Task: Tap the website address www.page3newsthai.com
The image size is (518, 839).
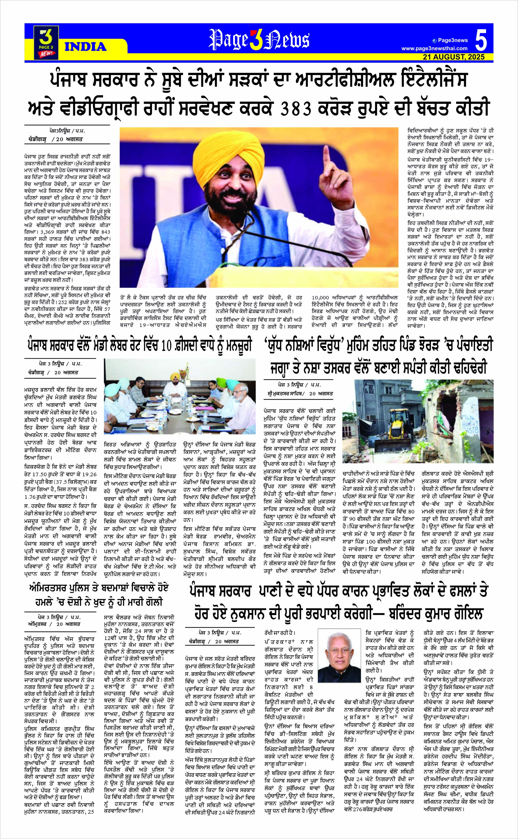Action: coord(434,48)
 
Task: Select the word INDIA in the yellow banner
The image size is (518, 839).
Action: coord(85,46)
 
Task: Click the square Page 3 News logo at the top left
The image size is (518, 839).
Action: coord(46,42)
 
